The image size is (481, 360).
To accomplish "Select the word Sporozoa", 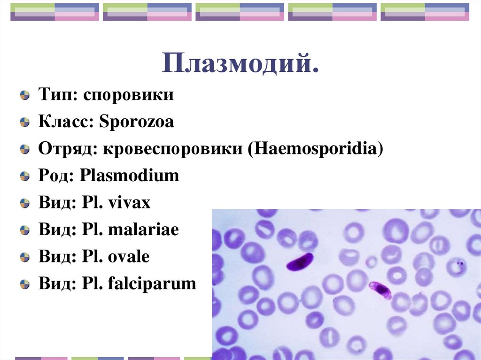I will pos(136,122).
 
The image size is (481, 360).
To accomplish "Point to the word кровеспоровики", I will pos(174,149).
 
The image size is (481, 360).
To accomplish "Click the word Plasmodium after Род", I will pos(130,176).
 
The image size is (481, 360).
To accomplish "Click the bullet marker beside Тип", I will pos(23,96).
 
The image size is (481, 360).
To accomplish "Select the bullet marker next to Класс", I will pos(23,123).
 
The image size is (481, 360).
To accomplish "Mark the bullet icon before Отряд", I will pos(23,150).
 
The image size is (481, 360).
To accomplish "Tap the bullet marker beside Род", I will pos(23,176).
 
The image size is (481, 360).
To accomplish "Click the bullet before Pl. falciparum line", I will pos(23,284).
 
